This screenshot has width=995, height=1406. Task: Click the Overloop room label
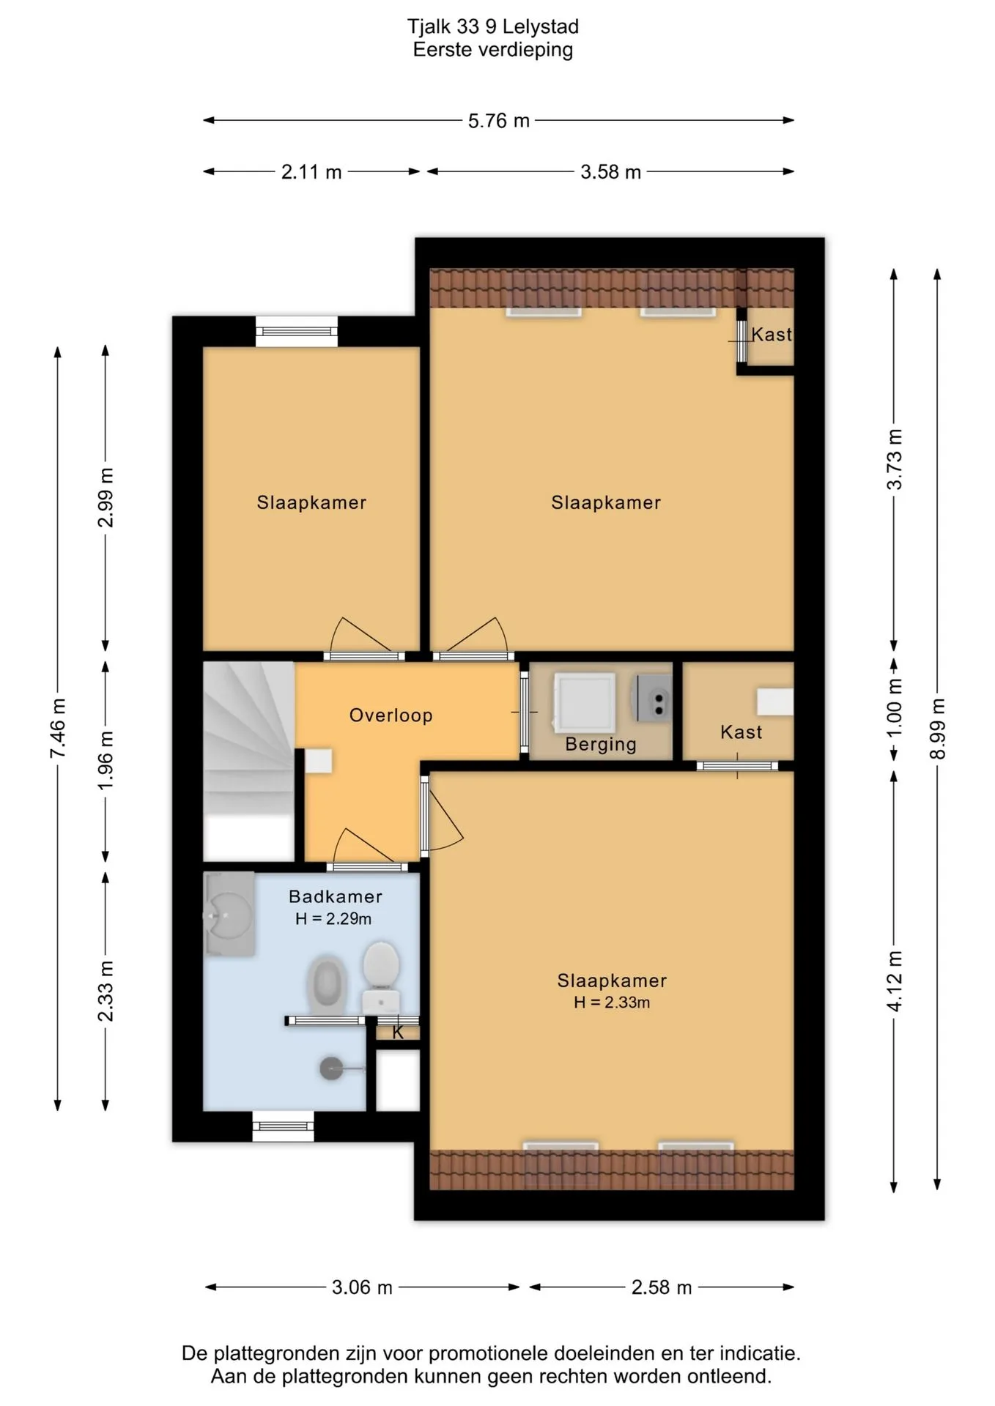coord(391,715)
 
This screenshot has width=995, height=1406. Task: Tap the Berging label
coord(601,745)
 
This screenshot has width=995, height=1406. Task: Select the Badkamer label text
coord(336,896)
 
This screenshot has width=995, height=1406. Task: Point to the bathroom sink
coord(229,915)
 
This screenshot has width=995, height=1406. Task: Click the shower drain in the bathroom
coord(331,1069)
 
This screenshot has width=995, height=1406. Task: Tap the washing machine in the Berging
coord(584,703)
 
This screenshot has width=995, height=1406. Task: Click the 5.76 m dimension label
coord(498,121)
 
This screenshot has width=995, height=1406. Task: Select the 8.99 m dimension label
coord(937,729)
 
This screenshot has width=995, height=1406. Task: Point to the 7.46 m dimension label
coord(58,729)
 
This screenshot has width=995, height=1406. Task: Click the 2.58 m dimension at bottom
coord(662,1287)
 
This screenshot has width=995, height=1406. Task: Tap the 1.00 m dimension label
coord(894,710)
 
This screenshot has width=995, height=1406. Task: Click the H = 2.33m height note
coord(612,1003)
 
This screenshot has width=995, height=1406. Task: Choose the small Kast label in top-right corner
coord(772,335)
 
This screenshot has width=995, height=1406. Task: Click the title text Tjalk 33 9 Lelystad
coord(493,26)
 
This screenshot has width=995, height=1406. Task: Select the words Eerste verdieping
coord(493,50)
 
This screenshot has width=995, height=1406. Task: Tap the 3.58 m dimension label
coord(610,172)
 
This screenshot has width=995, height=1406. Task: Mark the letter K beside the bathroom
coord(398,1033)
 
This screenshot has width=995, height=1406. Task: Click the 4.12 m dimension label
coord(894,981)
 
